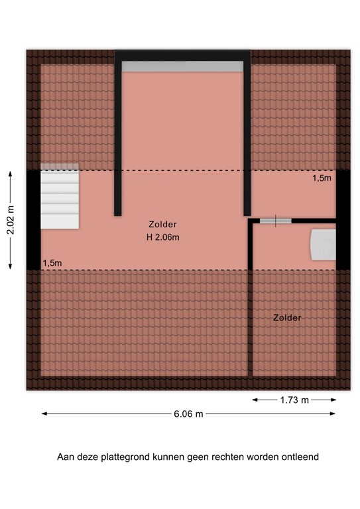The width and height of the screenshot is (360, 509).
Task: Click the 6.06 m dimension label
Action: (x=188, y=414)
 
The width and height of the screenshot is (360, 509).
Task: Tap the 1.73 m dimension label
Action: (x=294, y=400)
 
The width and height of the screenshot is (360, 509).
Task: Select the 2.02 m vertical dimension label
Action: (x=11, y=220)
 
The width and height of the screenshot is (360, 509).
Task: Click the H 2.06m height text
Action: (x=163, y=237)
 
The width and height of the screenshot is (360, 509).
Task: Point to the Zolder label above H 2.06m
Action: (x=162, y=224)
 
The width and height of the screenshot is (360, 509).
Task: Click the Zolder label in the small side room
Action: (x=287, y=317)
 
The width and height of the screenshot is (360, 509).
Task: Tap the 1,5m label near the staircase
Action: (x=52, y=263)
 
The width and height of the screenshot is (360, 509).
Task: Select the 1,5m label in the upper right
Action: (x=322, y=178)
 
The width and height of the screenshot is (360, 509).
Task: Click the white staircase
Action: (x=60, y=196)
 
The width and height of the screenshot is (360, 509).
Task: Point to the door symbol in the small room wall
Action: (x=276, y=221)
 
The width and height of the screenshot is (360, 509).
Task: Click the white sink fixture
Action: (x=324, y=245)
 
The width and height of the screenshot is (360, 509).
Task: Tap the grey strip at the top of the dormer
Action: (x=182, y=66)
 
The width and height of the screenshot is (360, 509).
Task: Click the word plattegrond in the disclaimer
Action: (x=125, y=457)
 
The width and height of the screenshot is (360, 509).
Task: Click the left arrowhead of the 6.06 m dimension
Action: (x=44, y=414)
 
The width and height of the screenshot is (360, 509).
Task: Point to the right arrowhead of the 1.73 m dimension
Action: (x=333, y=400)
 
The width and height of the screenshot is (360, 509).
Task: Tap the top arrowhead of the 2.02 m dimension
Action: (x=11, y=174)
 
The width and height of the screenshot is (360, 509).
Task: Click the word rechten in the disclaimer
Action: (x=228, y=457)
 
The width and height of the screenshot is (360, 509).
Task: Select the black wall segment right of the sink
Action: (x=343, y=220)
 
